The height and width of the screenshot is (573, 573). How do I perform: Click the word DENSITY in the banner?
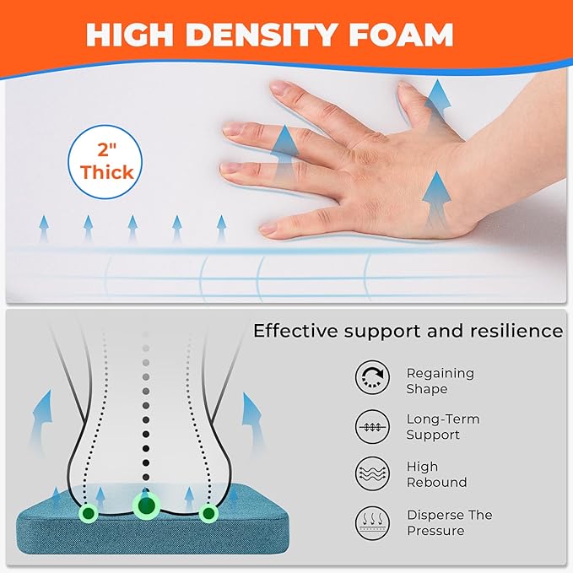(x=261, y=35)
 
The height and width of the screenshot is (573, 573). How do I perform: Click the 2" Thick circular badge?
(x=105, y=162)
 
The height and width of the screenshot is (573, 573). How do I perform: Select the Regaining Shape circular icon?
(x=372, y=377)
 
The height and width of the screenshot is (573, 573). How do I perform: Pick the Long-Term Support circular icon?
(x=372, y=426)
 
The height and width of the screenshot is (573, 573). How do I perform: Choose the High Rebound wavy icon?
(x=372, y=473)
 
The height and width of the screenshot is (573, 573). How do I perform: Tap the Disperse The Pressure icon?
(x=372, y=523)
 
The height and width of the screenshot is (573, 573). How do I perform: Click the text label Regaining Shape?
(x=441, y=381)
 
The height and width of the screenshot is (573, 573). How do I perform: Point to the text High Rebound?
(x=436, y=474)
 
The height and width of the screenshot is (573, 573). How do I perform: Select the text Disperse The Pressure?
(x=450, y=522)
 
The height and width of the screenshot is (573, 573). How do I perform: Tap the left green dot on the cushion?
(x=89, y=513)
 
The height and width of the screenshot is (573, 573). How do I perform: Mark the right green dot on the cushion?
(x=208, y=513)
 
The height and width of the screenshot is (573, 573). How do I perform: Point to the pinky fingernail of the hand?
(x=268, y=230)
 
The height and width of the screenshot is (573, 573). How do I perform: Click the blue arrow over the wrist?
(x=436, y=199)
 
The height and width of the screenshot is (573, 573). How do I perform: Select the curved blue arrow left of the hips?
(x=41, y=420)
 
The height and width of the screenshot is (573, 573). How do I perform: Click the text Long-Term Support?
(x=443, y=427)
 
